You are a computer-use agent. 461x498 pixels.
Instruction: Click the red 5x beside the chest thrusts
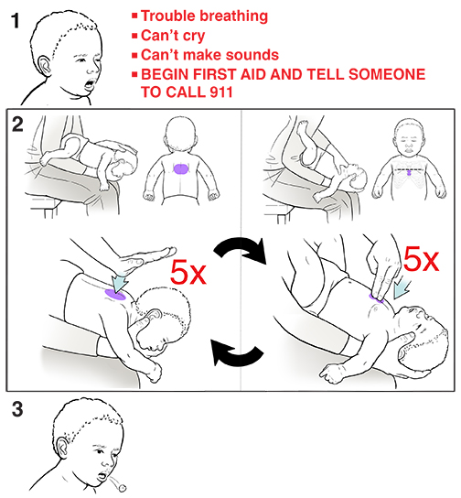tap(422, 262)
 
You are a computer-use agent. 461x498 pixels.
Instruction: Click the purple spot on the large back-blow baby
tap(116, 291)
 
